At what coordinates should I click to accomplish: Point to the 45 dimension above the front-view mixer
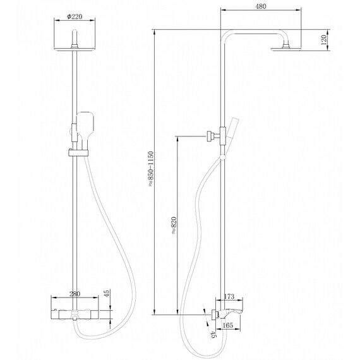pos(107,293)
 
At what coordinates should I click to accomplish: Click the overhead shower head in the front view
pos(76,49)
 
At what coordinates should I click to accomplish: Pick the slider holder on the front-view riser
pos(76,153)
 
